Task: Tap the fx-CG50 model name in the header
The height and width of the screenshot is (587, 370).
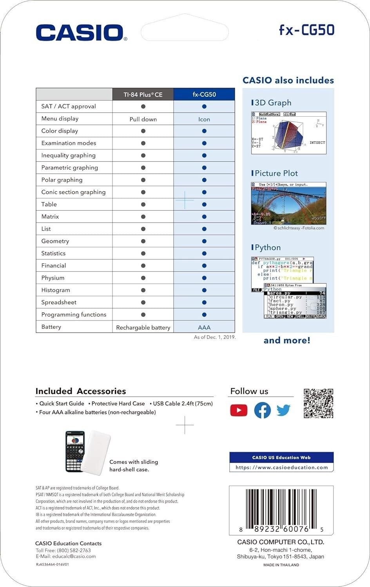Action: click(306, 30)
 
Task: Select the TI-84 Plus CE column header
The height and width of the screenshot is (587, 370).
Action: click(143, 94)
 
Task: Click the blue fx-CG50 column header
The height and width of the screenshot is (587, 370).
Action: click(204, 94)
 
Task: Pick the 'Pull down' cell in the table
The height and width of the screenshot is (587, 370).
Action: click(143, 119)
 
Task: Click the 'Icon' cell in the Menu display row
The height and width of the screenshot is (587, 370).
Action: click(204, 119)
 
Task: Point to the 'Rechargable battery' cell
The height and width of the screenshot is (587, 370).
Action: click(143, 327)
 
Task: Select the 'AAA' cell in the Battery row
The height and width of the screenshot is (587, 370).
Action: click(204, 327)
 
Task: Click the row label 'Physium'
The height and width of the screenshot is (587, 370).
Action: click(53, 278)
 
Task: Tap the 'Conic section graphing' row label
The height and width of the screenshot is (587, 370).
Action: click(73, 192)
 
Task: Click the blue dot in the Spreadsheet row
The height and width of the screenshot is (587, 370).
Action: click(204, 303)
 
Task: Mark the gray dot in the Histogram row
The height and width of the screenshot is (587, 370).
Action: click(143, 290)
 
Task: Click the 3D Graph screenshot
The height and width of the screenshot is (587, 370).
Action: click(288, 133)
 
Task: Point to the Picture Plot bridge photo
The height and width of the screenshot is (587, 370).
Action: click(288, 203)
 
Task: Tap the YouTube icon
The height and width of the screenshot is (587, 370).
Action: click(239, 410)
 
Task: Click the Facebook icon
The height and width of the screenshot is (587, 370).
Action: click(262, 410)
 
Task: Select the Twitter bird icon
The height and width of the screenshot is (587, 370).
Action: click(283, 410)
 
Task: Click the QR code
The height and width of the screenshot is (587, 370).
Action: click(318, 403)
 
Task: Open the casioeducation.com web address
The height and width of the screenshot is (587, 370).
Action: click(281, 467)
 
